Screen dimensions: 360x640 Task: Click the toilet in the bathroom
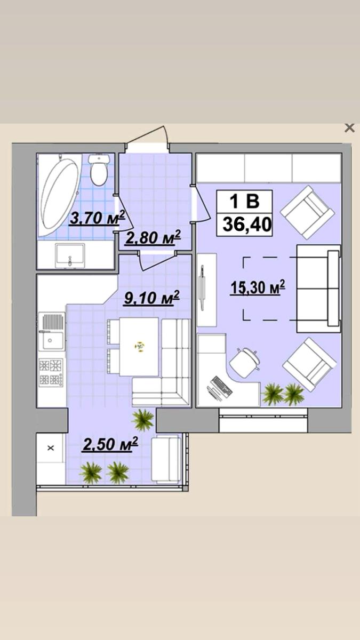[99, 170]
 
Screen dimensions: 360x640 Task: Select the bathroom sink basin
[70, 255]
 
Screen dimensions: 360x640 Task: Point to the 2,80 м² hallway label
[153, 237]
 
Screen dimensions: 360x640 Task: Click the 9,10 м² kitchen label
[151, 298]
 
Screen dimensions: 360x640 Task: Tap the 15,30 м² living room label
[258, 287]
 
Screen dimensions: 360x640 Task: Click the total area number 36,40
[247, 224]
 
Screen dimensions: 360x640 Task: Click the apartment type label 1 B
[245, 201]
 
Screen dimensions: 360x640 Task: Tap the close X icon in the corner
[349, 127]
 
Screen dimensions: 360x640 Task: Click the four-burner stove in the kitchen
[51, 373]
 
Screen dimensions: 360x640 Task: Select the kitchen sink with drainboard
[51, 332]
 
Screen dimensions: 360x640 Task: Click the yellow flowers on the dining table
[139, 347]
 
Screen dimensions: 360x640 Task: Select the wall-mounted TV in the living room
[202, 287]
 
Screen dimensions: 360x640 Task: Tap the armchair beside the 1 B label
[307, 212]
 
